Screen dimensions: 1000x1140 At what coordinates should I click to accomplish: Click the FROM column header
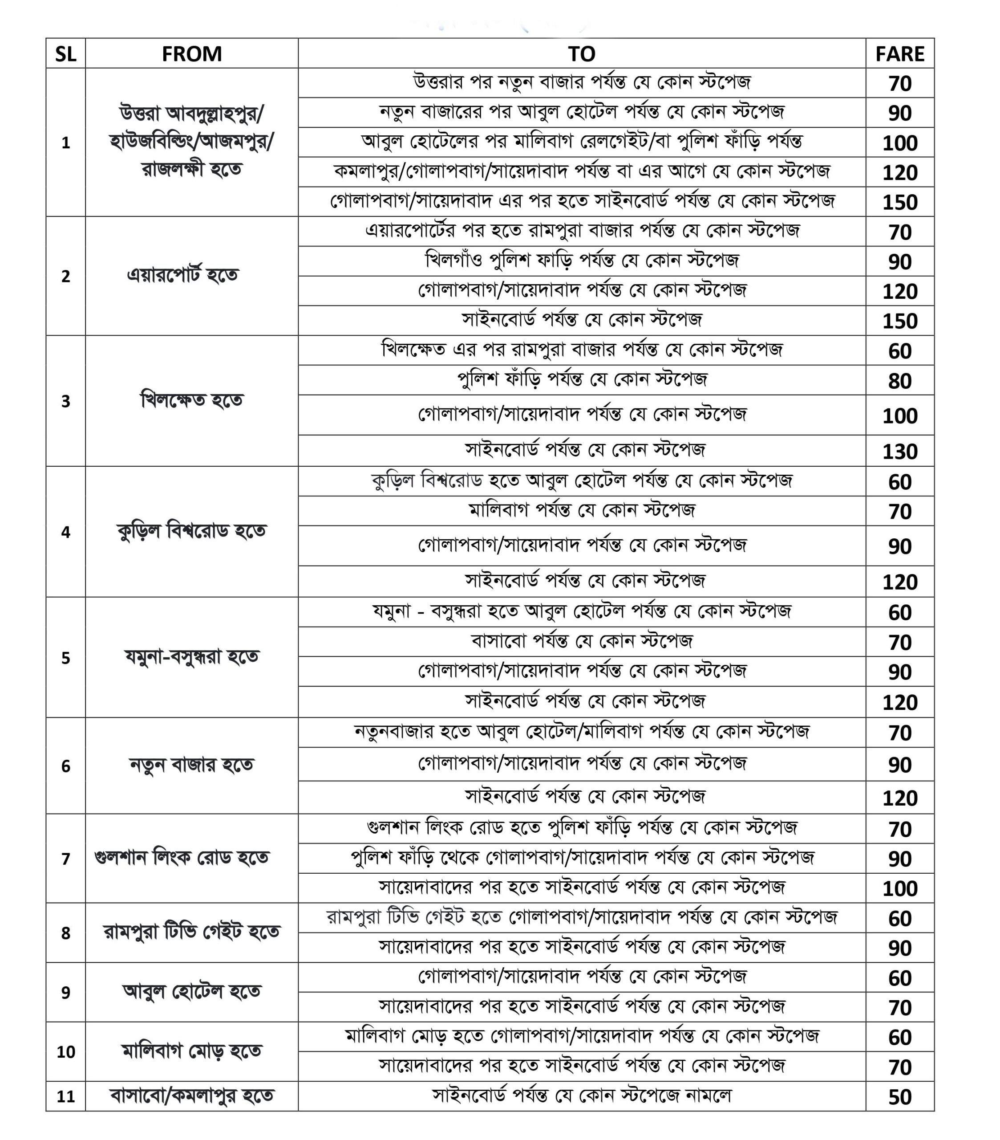[191, 54]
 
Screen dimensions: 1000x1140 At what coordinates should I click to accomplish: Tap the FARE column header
[899, 54]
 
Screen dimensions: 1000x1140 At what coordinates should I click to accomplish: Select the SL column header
[65, 54]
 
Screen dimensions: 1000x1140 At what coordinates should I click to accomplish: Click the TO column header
[581, 54]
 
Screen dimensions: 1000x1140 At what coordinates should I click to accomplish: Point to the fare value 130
[899, 451]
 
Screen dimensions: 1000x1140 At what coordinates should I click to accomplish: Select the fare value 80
[899, 381]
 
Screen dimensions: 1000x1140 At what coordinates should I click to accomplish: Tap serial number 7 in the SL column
[65, 859]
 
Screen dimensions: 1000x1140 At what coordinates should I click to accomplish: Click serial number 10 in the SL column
[65, 1051]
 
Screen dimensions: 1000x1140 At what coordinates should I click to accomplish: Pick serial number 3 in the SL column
[65, 401]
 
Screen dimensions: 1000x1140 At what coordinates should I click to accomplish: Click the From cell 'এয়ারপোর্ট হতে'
[183, 275]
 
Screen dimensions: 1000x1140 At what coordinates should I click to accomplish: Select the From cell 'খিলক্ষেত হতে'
[191, 400]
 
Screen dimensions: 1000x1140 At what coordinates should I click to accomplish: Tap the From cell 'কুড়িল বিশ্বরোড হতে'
[191, 531]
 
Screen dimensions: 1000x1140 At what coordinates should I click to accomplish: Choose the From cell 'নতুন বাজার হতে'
[191, 765]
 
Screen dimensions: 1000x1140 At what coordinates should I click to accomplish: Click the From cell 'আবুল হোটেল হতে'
[191, 992]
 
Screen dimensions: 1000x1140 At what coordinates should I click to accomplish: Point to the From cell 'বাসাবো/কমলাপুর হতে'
[191, 1096]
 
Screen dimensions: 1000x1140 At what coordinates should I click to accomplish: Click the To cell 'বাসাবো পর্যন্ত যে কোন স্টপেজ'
[581, 641]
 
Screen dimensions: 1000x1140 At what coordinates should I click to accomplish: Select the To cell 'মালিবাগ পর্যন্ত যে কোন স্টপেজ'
[581, 510]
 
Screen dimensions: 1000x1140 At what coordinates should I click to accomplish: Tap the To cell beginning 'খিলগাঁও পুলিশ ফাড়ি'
[581, 261]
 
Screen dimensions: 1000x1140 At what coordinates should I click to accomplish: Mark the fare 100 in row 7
[899, 888]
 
